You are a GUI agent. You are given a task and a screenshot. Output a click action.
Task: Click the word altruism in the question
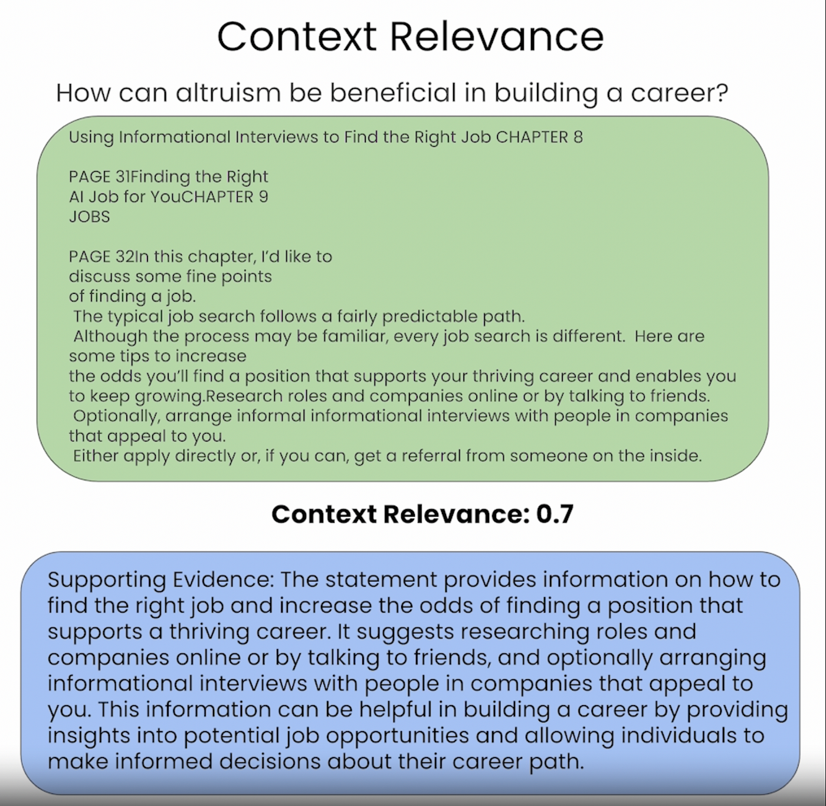pos(228,93)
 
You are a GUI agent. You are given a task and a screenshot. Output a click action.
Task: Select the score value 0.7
pos(555,515)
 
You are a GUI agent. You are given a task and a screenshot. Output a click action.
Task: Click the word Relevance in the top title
pos(497,37)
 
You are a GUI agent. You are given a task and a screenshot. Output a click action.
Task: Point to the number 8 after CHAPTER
pos(578,137)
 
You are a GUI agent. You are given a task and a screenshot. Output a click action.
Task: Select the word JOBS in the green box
pos(89,217)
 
